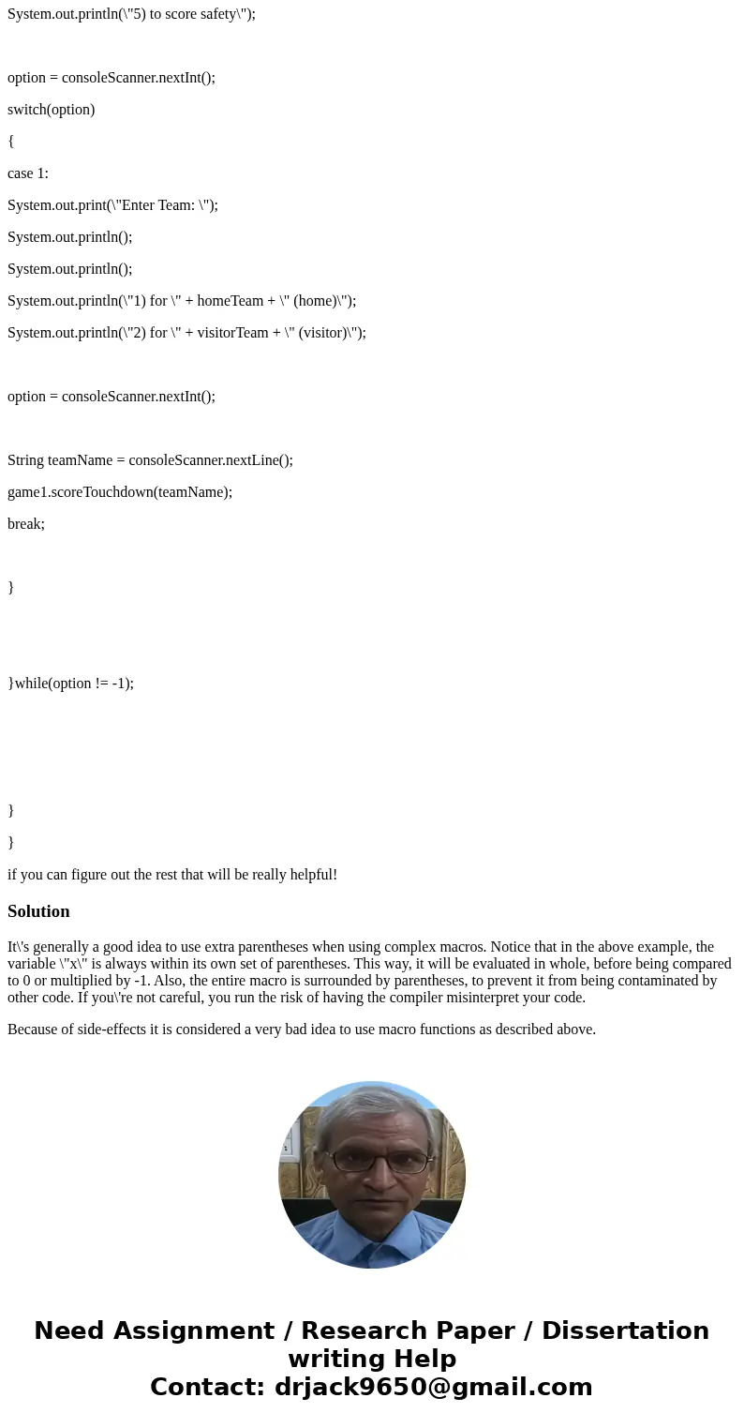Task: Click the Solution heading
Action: [38, 911]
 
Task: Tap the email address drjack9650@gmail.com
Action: [433, 1387]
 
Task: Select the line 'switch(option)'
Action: [51, 110]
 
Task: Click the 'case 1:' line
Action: [28, 173]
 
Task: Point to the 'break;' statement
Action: [26, 524]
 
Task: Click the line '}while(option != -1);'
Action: [71, 684]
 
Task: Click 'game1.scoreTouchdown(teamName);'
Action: [120, 492]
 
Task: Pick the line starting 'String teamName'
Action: [150, 460]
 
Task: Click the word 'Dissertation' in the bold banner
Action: [625, 1330]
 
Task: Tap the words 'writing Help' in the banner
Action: [372, 1359]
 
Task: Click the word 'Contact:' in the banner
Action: [207, 1387]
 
